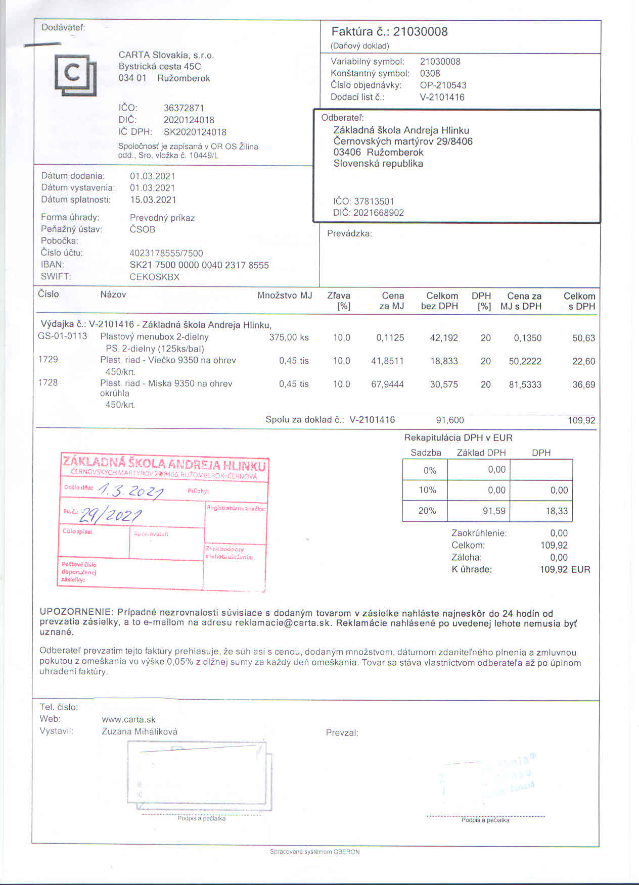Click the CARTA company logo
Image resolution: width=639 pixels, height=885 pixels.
click(75, 74)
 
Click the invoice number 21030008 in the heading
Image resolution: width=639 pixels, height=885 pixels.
click(420, 32)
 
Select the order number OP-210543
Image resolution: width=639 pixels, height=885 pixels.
click(443, 85)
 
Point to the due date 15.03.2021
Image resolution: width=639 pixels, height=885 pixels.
click(153, 200)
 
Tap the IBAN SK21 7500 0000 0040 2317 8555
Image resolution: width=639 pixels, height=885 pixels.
click(199, 265)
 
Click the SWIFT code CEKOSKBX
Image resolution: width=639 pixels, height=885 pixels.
click(155, 277)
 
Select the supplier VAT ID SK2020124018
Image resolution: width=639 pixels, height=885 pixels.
click(195, 132)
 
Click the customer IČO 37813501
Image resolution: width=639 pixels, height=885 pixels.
click(374, 201)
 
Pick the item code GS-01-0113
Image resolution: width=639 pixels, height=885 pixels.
click(63, 336)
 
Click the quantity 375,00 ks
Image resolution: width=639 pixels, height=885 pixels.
click(289, 337)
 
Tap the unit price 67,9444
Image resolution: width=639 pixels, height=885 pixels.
click(387, 384)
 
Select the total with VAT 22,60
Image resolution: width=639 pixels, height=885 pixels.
click(583, 361)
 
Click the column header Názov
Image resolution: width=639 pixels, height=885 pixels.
click(113, 294)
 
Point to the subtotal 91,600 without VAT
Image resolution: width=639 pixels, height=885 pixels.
click(449, 420)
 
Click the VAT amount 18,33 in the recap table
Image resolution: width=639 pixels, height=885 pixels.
click(557, 511)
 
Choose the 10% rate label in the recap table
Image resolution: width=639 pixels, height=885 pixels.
click(427, 490)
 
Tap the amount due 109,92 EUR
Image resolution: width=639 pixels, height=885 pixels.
click(565, 569)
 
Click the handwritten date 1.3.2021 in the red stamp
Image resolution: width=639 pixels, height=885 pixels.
click(130, 489)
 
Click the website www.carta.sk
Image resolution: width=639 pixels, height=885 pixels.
click(128, 719)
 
